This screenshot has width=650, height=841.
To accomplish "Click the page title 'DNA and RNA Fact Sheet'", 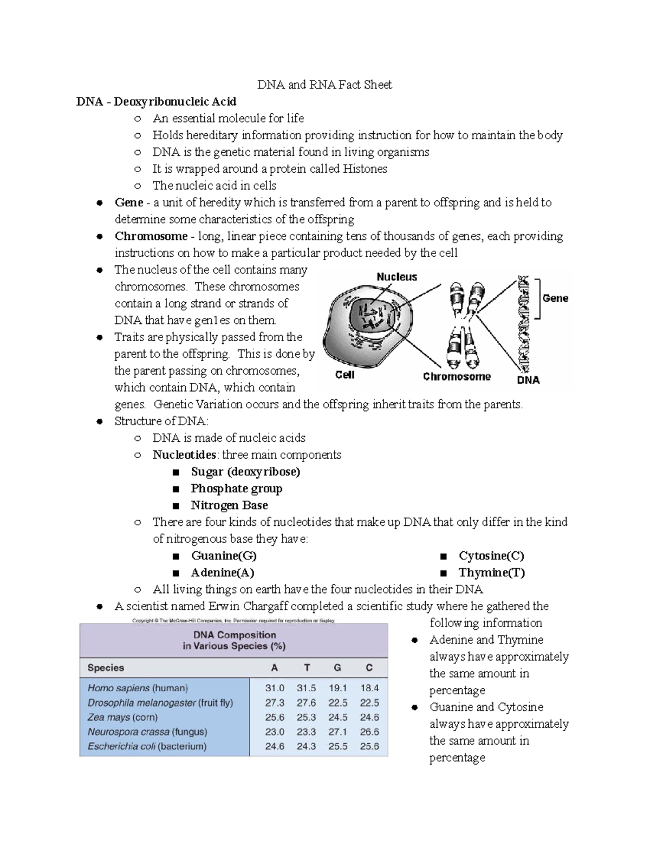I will coord(324,84).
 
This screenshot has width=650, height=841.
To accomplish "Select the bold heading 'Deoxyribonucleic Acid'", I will coord(174,101).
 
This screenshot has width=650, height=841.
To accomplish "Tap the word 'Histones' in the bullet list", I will coord(365,168).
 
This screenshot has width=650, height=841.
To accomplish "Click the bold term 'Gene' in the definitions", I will coord(129,202).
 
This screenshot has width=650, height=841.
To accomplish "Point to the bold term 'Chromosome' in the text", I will coord(151,236).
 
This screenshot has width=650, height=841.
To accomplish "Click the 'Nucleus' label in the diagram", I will coord(396,277).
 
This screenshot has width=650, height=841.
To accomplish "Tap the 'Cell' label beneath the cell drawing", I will coord(344,375).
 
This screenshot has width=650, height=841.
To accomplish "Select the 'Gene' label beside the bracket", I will coord(555,298).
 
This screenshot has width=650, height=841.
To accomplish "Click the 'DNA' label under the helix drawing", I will coord(528,380).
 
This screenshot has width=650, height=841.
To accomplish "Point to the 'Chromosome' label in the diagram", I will coord(457,376).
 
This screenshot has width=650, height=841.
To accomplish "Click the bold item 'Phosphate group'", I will coord(236,488).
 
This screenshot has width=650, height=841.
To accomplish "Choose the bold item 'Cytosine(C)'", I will coord(491,556).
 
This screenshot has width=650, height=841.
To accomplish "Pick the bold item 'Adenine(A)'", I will coord(222,572).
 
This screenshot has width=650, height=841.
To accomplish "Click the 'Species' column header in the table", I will coord(106,668).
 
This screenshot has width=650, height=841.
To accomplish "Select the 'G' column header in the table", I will coord(337,668).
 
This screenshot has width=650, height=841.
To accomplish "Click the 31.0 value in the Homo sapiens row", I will coord(275,688).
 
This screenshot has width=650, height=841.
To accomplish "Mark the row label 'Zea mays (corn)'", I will coord(122,717).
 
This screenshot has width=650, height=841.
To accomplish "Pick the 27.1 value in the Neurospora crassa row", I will coord(337,732).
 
